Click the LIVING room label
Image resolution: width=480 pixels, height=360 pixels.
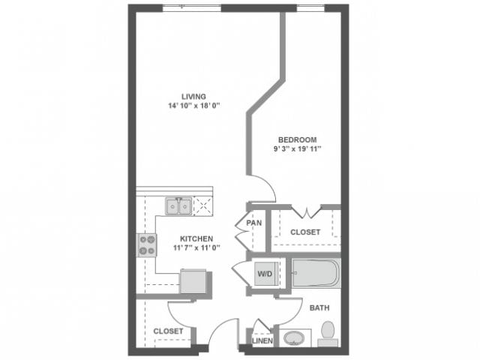(193, 96)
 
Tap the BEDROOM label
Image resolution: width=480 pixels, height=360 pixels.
(297, 139)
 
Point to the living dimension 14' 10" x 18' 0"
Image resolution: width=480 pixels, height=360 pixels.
(193, 106)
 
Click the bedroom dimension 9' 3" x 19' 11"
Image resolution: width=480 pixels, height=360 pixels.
(297, 149)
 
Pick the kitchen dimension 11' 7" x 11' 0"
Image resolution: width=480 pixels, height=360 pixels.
(196, 247)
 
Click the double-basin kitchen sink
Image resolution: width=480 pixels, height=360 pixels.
(178, 205)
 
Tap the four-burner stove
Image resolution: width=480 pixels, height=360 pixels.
(147, 244)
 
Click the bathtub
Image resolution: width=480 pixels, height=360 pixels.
(316, 274)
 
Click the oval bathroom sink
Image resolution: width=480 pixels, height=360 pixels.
(292, 337)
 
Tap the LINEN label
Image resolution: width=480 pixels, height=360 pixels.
(262, 341)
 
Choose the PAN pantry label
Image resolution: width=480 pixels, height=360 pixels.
(253, 223)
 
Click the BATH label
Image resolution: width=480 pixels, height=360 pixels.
(319, 307)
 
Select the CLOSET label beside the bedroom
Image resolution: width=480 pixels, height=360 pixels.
(305, 232)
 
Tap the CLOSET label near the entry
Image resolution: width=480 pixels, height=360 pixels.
(168, 331)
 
